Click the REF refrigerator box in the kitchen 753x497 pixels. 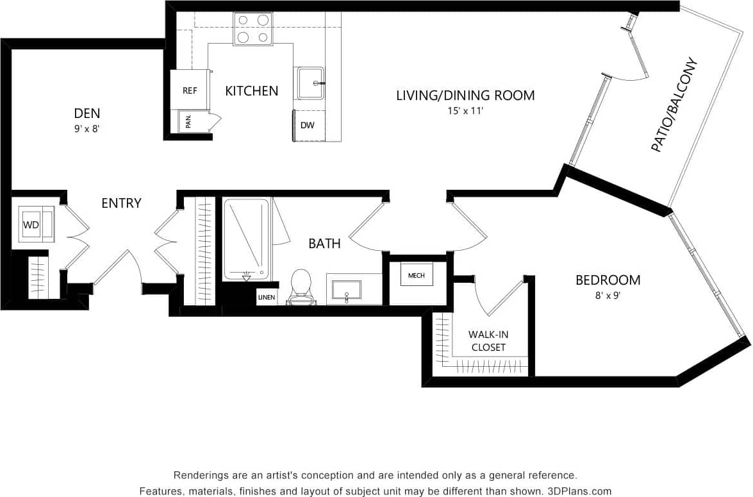[x=190, y=90]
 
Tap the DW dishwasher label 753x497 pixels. [x=308, y=125]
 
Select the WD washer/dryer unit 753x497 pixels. [x=36, y=224]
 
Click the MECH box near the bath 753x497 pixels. [x=416, y=274]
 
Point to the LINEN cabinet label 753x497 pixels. [x=267, y=298]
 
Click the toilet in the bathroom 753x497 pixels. [x=300, y=287]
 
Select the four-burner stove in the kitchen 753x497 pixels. [x=252, y=29]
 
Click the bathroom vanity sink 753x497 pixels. [x=346, y=290]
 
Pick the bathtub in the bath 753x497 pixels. [x=246, y=239]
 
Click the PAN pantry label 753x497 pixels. [x=188, y=121]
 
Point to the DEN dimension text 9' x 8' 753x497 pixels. [x=87, y=128]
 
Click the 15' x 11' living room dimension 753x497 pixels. [x=465, y=110]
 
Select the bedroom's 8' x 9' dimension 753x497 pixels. [x=607, y=296]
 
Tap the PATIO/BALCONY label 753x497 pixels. [x=674, y=106]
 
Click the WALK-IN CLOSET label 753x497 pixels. [x=488, y=341]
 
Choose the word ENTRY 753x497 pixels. [x=121, y=203]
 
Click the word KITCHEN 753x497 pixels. [x=252, y=91]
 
